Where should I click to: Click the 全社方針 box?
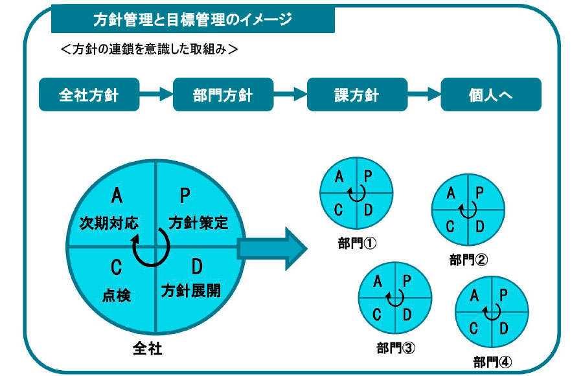coord(89,94)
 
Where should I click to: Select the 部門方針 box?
coord(223,94)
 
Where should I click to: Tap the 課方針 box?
coord(358,94)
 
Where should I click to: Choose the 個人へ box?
coord(491,94)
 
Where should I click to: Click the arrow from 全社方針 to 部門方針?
coord(156,94)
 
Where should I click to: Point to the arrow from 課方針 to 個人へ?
coord(424,94)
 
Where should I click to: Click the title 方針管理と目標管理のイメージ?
coord(193,19)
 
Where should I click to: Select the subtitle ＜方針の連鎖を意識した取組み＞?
coord(149,49)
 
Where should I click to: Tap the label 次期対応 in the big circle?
coord(109,223)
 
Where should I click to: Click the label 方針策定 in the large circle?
coord(198,223)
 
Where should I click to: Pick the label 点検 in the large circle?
coord(117,296)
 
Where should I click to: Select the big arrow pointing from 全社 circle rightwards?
coord(272,249)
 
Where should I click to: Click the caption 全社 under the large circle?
coord(148,348)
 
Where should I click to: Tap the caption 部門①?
coord(358,243)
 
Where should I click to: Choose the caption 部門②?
coord(468,260)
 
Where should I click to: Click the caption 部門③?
coord(396,348)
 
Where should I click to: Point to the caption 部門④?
coord(492,362)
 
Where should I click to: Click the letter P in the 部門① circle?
coord(368,176)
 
